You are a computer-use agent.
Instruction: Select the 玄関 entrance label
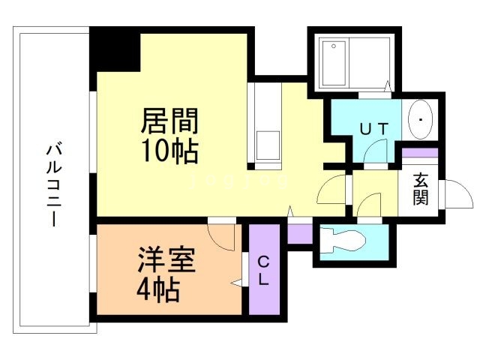(421, 190)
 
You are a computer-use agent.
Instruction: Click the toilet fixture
(342, 241)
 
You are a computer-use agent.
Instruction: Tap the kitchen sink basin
(266, 143)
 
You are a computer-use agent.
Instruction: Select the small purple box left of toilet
(300, 233)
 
